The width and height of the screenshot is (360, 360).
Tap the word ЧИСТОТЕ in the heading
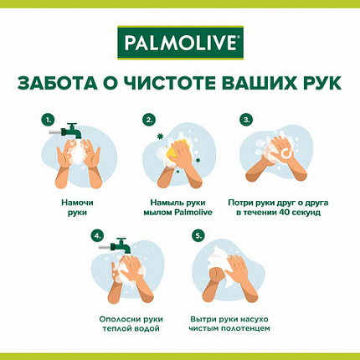[x=174, y=85]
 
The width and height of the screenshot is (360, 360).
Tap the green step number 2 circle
[x=149, y=119]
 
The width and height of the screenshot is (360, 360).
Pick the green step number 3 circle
[x=247, y=119]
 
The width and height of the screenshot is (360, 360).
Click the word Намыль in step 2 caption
[x=164, y=203]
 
